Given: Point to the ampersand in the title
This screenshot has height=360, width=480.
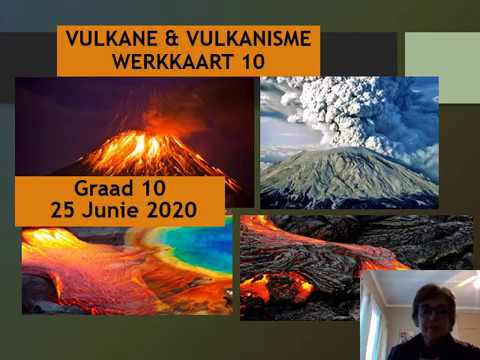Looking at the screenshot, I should tap(167, 39).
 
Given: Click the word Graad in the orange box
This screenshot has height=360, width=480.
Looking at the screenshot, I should tap(104, 188).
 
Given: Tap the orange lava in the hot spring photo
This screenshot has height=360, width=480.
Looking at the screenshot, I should tap(80, 275).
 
